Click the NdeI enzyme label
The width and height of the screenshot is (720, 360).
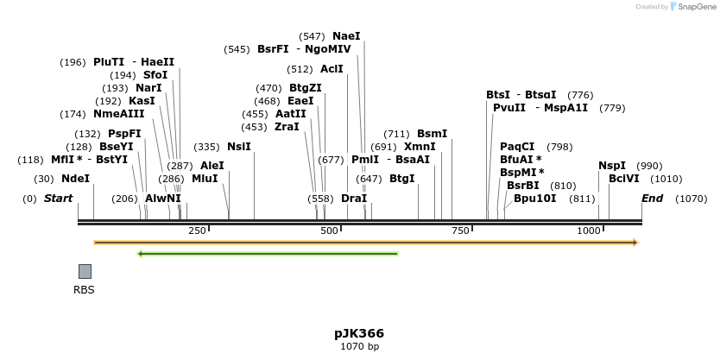tap(75, 179)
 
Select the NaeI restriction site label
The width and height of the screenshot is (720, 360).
tap(346, 36)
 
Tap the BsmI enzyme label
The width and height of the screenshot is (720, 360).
tap(432, 134)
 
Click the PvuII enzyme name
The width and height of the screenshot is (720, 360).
tap(509, 108)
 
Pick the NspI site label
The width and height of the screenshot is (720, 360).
tap(612, 166)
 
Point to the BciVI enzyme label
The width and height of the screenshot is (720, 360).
tap(624, 179)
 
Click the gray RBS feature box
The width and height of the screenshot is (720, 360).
tap(85, 271)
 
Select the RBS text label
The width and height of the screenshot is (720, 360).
tap(85, 290)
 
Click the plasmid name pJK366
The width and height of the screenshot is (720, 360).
tap(359, 333)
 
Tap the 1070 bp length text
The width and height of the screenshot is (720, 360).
tap(359, 347)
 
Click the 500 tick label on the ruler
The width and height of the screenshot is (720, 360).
tap(329, 231)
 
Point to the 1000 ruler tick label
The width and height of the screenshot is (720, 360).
tap(590, 231)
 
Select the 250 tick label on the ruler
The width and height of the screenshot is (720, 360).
tap(197, 231)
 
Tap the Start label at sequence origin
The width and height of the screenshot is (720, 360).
tap(58, 199)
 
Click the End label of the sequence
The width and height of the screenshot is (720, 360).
tap(653, 199)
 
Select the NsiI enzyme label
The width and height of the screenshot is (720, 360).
tap(239, 147)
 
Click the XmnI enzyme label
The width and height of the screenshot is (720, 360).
tap(420, 147)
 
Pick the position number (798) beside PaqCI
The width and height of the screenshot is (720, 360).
tap(559, 147)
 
